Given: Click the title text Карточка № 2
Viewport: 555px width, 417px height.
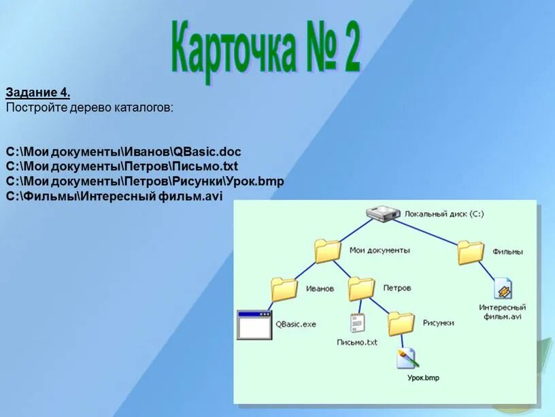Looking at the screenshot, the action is point(265,50).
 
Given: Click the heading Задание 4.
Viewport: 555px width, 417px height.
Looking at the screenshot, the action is point(38,93).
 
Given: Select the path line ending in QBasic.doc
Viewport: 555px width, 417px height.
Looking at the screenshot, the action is point(124,151).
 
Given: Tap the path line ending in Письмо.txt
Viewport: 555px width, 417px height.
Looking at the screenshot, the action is point(122,166).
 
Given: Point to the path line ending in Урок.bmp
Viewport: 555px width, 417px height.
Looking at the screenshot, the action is point(145,181).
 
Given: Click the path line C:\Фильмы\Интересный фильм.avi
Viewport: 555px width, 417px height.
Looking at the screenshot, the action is point(114,196).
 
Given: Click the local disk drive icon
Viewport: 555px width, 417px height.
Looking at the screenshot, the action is point(383,214).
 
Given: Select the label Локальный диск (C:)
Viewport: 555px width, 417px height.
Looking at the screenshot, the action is point(443,214).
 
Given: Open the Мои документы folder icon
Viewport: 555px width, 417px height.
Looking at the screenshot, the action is point(328,251).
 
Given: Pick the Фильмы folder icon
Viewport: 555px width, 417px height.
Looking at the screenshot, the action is point(471,252).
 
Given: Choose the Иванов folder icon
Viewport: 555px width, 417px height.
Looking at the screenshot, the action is point(284,289).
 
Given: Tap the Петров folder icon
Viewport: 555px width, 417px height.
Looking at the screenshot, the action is point(361,288).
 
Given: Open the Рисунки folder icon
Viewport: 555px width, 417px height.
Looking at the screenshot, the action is point(401,322).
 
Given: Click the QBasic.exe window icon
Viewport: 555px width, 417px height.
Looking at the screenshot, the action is point(254,325).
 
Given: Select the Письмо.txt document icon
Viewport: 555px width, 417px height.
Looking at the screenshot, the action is point(357,323).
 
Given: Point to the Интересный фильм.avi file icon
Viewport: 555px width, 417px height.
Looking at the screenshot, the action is point(503,289).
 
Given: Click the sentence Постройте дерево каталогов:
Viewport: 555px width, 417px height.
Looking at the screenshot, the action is point(90,107).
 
